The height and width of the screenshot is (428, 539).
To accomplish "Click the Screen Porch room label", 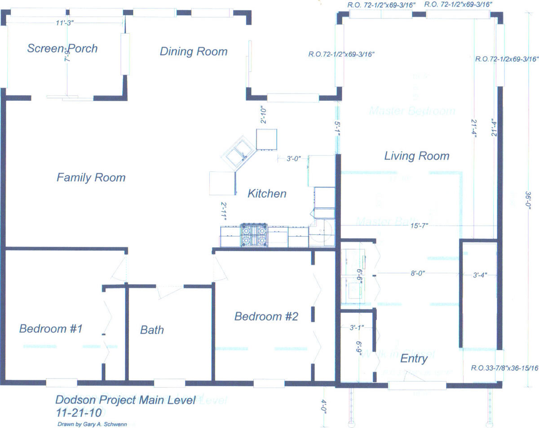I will coord(62,49).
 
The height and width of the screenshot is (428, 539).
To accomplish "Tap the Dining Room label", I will coord(194,52).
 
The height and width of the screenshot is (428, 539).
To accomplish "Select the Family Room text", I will coord(91,178).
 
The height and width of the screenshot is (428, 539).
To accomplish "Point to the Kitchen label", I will coord(267,194).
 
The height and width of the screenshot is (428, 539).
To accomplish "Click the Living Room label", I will coord(416,156).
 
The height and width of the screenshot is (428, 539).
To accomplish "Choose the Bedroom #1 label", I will coord(50,329).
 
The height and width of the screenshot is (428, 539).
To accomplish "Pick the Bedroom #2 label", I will coord(266,317).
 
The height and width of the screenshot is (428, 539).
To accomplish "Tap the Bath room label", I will coord(152,330).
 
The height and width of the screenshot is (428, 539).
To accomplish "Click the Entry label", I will coord(414,358).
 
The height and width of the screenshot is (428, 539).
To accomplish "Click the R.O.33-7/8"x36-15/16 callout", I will coord(504,368).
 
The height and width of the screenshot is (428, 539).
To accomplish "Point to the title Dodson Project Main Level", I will coord(125,400).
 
